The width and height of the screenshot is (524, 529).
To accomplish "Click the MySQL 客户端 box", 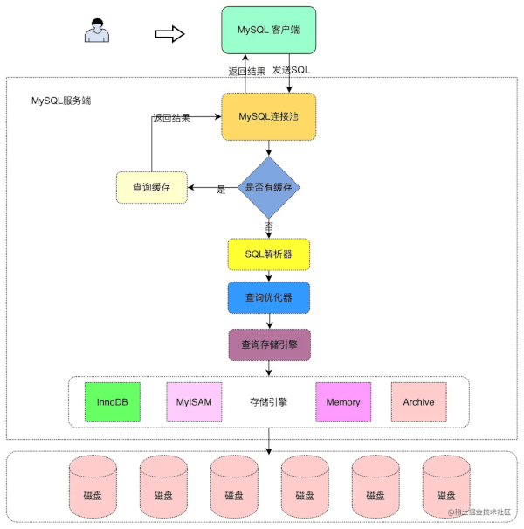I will point(269,29).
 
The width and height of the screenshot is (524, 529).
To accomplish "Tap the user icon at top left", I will point(95,31).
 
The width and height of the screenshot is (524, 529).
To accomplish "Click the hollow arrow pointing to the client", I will point(169,33).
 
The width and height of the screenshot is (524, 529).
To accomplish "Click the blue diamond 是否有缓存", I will point(269,187).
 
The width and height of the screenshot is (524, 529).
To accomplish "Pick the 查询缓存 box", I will point(151,187).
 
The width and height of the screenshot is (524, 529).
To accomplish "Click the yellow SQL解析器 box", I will point(269,254).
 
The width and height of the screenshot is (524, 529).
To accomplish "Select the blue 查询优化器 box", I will point(269,297).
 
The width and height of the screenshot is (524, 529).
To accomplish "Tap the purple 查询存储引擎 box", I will point(269,345).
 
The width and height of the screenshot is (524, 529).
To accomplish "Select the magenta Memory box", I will point(343,402).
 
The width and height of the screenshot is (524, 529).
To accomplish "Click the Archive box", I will point(418,402).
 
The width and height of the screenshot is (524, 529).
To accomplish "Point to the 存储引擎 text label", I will point(268,403).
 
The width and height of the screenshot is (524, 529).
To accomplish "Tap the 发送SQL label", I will point(291,69).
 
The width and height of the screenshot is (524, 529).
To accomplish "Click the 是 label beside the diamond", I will point(221,190).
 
